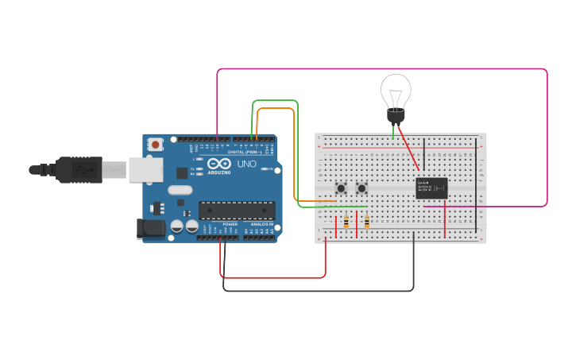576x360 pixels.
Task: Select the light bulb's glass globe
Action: pos(395,91)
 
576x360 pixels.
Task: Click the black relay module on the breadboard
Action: pos(431,188)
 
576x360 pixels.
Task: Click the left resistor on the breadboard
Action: pos(346,223)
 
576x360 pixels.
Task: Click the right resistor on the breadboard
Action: pos(366,223)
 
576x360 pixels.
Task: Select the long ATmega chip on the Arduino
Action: pos(237,210)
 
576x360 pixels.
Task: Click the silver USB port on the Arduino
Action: pos(145,169)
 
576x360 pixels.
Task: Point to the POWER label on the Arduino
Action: pos(230,225)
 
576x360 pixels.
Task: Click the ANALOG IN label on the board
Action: pos(262,225)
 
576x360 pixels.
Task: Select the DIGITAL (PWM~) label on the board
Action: pos(248,152)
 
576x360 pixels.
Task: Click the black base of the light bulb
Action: pos(395,117)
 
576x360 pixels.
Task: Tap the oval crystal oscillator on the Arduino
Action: pos(180,190)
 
